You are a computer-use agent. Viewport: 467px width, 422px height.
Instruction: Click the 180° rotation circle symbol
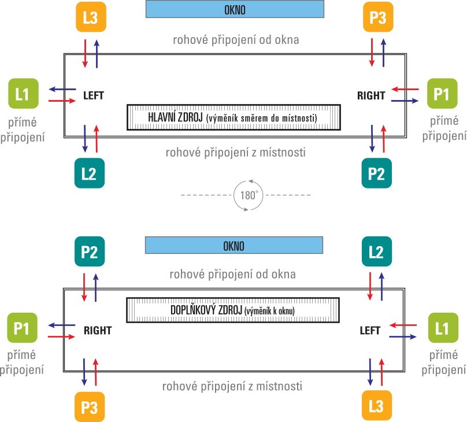point(248,195)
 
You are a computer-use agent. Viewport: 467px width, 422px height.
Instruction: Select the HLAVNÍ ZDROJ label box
point(232,117)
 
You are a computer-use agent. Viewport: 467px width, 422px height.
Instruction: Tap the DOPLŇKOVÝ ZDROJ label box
point(232,310)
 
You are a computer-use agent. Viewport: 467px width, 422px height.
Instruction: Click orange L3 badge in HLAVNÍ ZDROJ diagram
point(91,17)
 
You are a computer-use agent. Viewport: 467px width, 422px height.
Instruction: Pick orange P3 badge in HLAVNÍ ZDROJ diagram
point(377,17)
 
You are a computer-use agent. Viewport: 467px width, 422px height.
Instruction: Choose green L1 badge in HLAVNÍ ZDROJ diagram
point(23,94)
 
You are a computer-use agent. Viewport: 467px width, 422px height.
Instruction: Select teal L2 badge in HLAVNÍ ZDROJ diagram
point(90,173)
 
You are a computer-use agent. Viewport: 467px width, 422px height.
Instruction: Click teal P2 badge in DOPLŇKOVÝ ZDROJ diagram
point(90,251)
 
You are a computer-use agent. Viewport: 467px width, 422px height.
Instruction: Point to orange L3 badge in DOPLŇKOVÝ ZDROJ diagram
point(376,406)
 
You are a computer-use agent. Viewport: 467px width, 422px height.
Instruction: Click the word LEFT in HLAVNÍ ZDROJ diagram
point(94,96)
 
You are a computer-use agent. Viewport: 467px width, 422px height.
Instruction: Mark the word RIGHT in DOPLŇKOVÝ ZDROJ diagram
point(98,331)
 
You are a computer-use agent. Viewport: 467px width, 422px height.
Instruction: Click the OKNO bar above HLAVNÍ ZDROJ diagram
point(234,10)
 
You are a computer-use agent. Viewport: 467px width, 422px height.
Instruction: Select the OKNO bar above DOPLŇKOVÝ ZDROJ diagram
point(234,246)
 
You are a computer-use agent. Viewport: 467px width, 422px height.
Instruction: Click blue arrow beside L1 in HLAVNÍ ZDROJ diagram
point(62,90)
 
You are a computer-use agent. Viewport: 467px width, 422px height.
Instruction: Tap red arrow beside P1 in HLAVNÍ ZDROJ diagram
point(405,90)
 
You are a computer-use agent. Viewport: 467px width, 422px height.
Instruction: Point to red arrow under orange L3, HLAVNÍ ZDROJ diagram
point(86,53)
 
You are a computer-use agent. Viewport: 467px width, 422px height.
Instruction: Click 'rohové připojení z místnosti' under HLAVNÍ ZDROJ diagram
point(235,153)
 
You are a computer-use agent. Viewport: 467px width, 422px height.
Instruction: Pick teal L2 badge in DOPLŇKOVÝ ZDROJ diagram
point(376,251)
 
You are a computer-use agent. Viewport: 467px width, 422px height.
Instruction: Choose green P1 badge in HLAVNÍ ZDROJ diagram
point(442,94)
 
